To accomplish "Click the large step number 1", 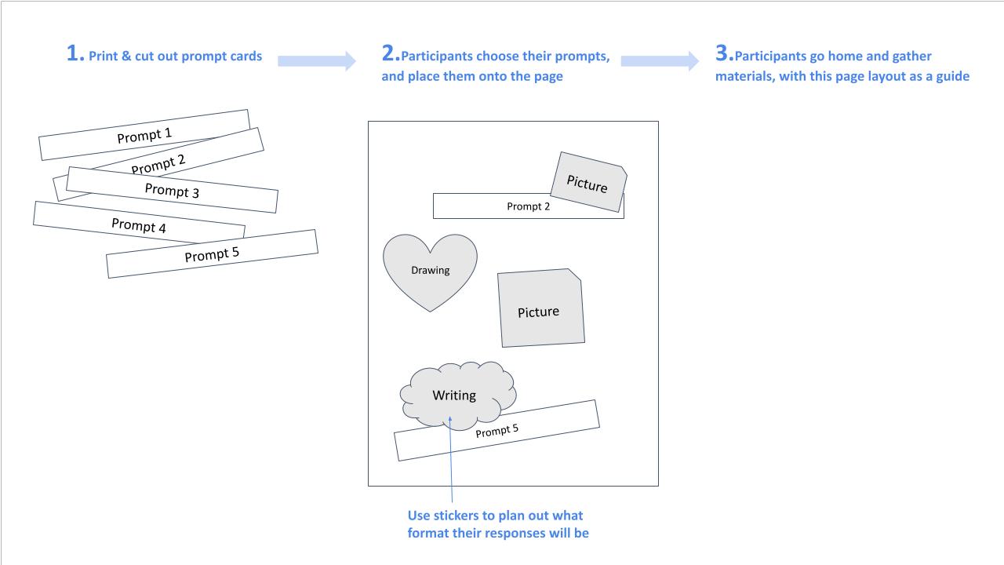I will coord(75,54).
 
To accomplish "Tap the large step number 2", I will coord(390,54).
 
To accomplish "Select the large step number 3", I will coord(722,54).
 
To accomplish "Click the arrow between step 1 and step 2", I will coord(317,60).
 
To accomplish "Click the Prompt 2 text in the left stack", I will coord(158,165).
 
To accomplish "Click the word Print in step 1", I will coord(104,56).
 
